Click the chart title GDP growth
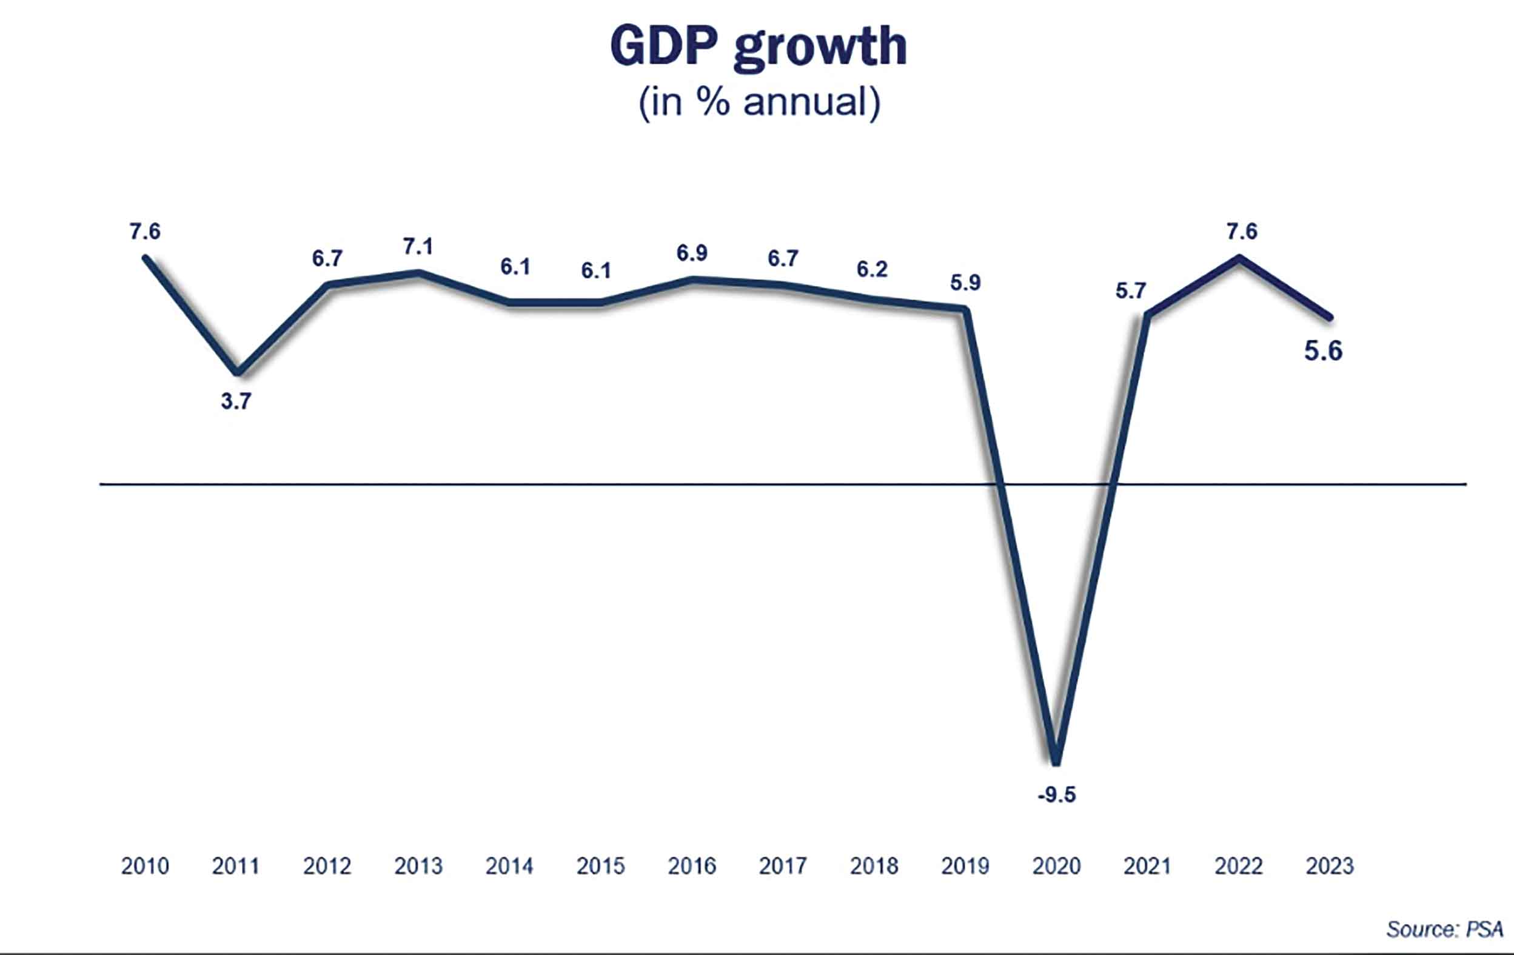click(x=759, y=47)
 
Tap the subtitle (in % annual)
click(x=759, y=102)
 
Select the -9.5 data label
click(x=1056, y=795)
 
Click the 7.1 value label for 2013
click(x=418, y=246)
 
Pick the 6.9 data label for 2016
click(x=692, y=253)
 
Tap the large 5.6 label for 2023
click(x=1323, y=350)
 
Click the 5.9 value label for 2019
click(x=965, y=283)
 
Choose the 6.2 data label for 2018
click(x=872, y=269)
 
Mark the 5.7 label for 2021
click(x=1130, y=290)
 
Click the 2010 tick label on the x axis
click(x=145, y=866)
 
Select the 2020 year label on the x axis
click(x=1056, y=866)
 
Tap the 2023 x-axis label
click(x=1329, y=866)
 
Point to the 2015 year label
click(x=600, y=866)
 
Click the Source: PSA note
click(x=1444, y=929)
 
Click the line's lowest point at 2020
click(x=1056, y=762)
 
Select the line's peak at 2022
click(x=1239, y=257)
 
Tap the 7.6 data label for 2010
click(x=145, y=232)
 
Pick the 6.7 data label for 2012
click(x=327, y=258)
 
